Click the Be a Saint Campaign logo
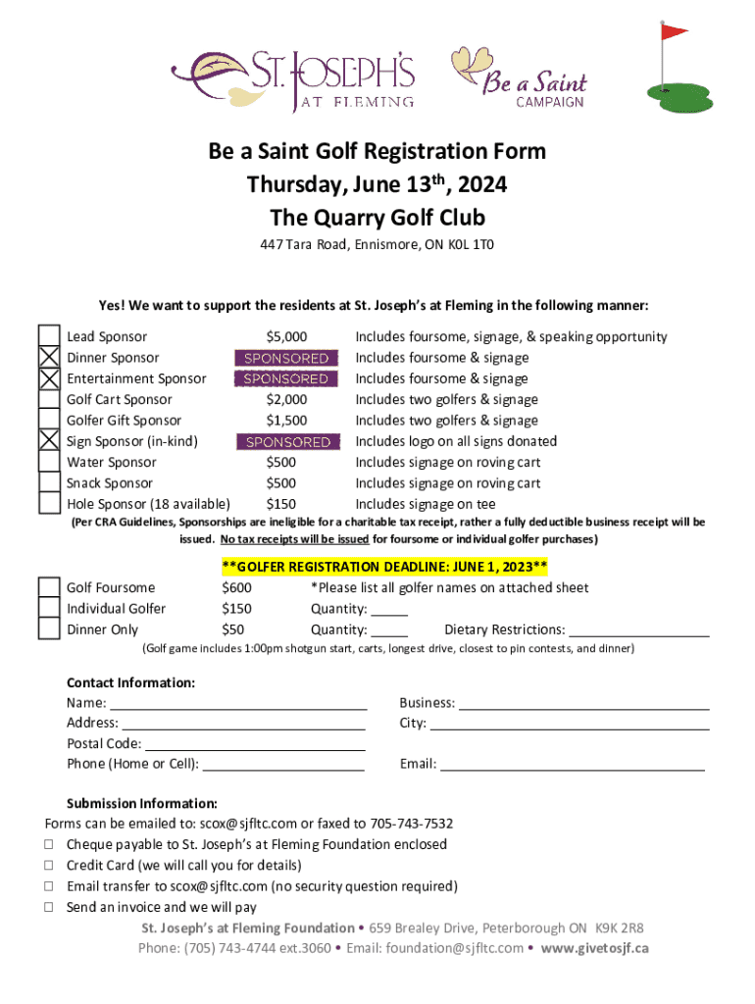[520, 75]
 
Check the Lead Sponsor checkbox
[49, 337]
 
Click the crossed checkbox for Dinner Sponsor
[49, 359]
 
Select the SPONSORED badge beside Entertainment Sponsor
[286, 379]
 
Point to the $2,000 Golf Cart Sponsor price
[286, 400]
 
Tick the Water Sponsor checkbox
[49, 463]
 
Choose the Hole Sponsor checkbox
[49, 504]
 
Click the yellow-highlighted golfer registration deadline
[384, 567]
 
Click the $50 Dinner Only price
[233, 629]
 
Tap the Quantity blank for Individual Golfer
[389, 610]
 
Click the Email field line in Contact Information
[572, 766]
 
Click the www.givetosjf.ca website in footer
[595, 948]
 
